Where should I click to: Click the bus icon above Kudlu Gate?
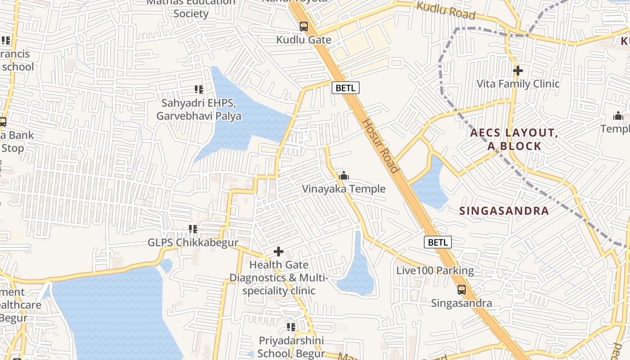pyautogui.click(x=304, y=27)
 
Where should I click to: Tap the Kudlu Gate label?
pyautogui.click(x=303, y=40)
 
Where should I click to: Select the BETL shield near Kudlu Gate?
pyautogui.click(x=346, y=88)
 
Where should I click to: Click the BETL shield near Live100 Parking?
pyautogui.click(x=437, y=243)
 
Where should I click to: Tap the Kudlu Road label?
pyautogui.click(x=445, y=11)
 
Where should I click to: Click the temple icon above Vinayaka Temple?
pyautogui.click(x=344, y=175)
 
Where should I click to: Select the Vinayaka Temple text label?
pyautogui.click(x=343, y=189)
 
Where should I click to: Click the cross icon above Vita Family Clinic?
pyautogui.click(x=518, y=71)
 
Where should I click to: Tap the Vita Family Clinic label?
pyautogui.click(x=517, y=84)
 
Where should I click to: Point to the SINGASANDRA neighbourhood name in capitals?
pyautogui.click(x=504, y=211)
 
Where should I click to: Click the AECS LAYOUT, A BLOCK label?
pyautogui.click(x=514, y=139)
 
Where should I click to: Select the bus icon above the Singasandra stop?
pyautogui.click(x=461, y=290)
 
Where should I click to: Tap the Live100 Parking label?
pyautogui.click(x=435, y=271)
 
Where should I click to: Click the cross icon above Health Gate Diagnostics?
pyautogui.click(x=279, y=252)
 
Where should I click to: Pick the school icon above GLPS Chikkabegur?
pyautogui.click(x=193, y=229)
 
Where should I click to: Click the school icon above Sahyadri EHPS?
pyautogui.click(x=198, y=90)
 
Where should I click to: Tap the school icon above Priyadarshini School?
pyautogui.click(x=291, y=327)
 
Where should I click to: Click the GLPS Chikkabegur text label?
pyautogui.click(x=193, y=243)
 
